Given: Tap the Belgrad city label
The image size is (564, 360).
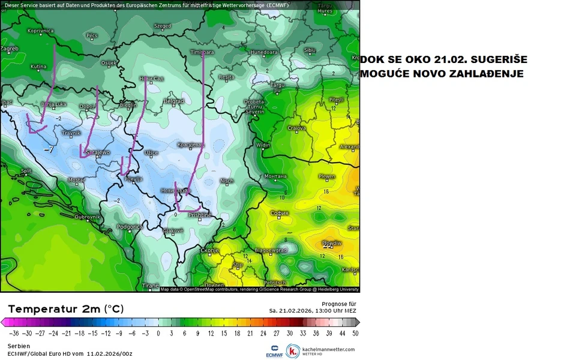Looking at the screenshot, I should pos(173,101).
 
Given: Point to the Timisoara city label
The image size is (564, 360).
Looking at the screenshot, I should pos(202,52).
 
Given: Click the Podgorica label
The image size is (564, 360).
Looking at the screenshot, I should pos(130,227).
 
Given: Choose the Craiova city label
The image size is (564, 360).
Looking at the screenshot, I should pos(296,128).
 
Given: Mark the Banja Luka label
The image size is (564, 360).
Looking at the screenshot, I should pos(53,104).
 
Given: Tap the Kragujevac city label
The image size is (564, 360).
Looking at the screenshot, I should pos(191,145).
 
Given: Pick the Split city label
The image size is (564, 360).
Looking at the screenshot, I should pos(26,171).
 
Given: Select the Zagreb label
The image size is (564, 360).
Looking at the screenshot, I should pos(9,49).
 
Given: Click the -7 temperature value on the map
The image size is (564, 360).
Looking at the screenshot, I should pos(49,148).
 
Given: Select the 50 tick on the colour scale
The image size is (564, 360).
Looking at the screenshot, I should pos(356,332).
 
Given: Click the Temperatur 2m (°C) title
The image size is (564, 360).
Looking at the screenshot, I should pos(65,308).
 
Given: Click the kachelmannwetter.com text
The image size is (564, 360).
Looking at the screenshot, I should pos(329,349).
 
